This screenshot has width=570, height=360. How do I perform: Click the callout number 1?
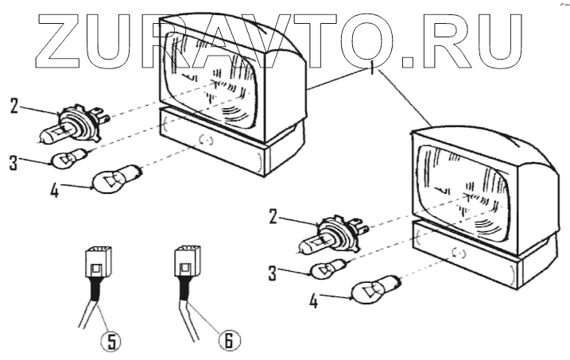click(x=371, y=67)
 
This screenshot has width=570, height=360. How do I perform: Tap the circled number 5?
click(x=111, y=340)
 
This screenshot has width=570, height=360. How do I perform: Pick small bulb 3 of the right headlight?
click(x=327, y=269)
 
